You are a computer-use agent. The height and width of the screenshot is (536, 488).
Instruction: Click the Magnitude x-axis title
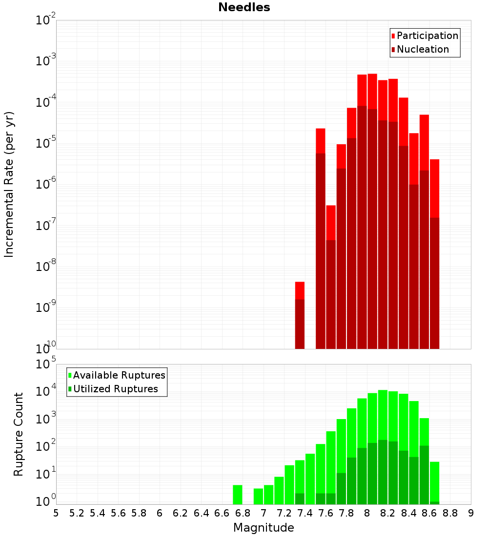[x=264, y=528]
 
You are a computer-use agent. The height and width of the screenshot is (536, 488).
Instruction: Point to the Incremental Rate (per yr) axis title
[x=9, y=184]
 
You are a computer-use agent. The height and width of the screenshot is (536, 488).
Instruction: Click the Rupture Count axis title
[x=19, y=434]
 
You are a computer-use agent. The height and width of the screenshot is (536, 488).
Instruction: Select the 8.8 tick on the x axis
[x=450, y=513]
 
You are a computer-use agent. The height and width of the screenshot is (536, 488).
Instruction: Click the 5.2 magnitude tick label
[x=77, y=513]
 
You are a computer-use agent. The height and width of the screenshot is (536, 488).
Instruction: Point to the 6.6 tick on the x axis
[x=222, y=513]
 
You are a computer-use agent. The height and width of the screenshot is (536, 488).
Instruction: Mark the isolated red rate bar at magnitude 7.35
[x=300, y=315]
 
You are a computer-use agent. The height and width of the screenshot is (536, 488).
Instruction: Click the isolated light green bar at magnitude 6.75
[x=238, y=495]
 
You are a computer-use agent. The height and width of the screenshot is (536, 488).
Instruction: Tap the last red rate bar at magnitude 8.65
[x=434, y=253]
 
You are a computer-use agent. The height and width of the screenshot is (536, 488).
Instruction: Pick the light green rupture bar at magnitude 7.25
[x=289, y=484]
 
